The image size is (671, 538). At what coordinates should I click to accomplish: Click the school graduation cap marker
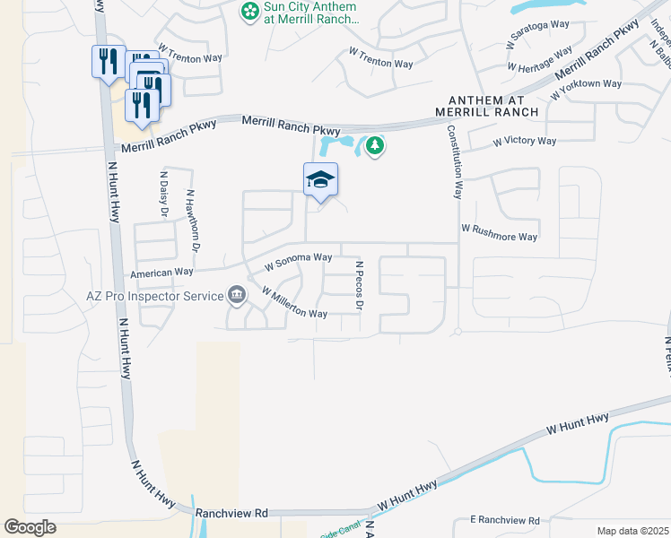pos(320,179)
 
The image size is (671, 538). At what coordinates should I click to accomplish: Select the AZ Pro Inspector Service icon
pos(236,294)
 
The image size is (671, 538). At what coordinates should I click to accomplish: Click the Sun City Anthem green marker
pos(248,12)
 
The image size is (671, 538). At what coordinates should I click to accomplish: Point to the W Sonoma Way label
pos(299,261)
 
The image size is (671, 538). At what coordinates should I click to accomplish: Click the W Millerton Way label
pos(293,303)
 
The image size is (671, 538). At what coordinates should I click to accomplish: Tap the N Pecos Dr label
pos(359,286)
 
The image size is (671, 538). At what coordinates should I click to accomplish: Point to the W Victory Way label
pos(525,142)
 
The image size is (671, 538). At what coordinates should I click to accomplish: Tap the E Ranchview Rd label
pos(505,520)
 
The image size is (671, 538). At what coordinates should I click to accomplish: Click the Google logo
pos(30,527)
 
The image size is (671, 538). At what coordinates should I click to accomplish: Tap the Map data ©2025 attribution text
pos(632,531)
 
